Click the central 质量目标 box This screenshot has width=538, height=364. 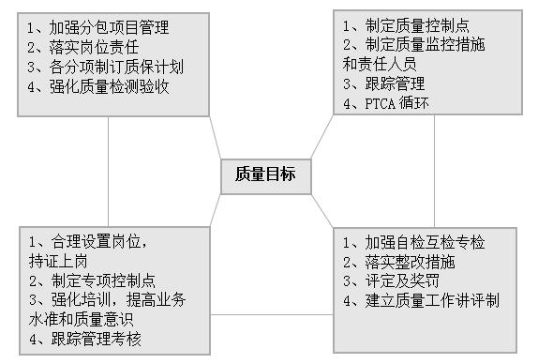(263, 174)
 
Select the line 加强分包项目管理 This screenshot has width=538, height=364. (98, 26)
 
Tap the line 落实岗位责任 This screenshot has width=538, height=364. (83, 47)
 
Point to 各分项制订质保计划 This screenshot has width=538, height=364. (105, 68)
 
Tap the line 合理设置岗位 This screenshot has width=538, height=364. (90, 241)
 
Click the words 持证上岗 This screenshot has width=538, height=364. (57, 261)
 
